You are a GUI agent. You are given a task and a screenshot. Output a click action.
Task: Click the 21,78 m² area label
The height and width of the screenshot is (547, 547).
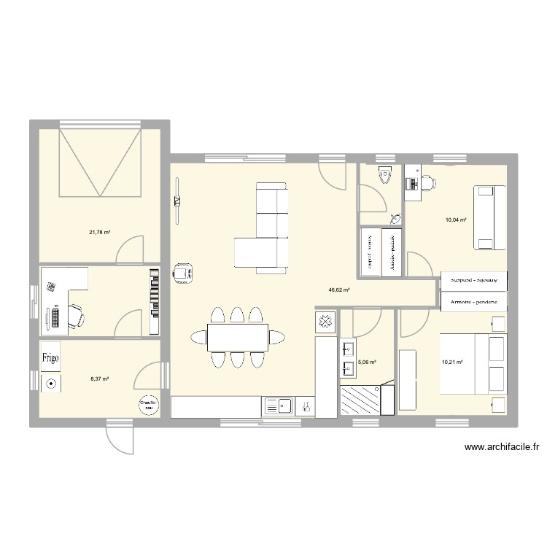[99, 233]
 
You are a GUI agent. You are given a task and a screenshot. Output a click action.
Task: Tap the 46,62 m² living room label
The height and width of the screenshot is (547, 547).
[339, 290]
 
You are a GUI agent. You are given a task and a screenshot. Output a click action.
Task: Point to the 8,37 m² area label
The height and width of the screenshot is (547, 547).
[99, 379]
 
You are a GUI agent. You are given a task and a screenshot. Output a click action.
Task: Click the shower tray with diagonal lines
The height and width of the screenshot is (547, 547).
[361, 400]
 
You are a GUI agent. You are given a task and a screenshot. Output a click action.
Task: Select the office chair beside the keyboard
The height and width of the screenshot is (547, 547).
[76, 315]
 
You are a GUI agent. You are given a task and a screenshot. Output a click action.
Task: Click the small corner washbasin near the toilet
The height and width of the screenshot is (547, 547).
[395, 217]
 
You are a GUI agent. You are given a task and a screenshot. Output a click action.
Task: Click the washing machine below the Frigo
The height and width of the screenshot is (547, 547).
[51, 384]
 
